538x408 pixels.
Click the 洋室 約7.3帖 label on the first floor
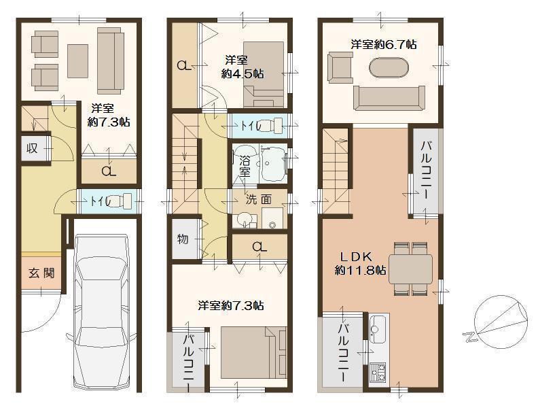click(109, 115)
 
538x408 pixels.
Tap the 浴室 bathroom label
click(244, 167)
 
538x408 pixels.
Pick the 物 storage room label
click(183, 239)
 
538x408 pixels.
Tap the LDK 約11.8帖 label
click(360, 262)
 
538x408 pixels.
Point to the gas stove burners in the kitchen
click(377, 371)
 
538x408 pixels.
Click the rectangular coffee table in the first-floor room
click(77, 60)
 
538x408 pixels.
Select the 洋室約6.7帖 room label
click(383, 44)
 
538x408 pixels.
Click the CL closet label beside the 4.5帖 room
click(183, 66)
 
